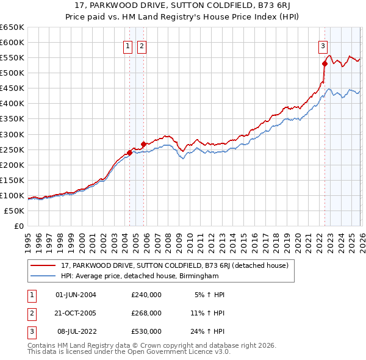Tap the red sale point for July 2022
pos(325,63)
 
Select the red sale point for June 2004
pos(129,152)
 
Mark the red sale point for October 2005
pos(144,144)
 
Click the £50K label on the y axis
pos(14,211)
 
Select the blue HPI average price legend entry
pos(140,276)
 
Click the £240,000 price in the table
pos(146,295)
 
